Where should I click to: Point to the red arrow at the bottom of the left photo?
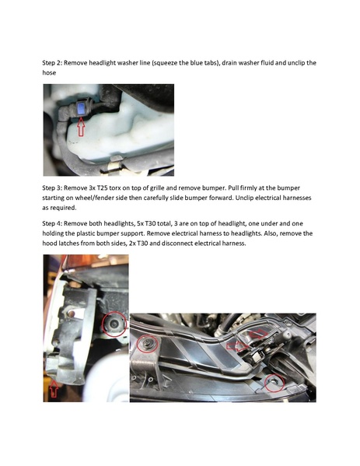point(54,389)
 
